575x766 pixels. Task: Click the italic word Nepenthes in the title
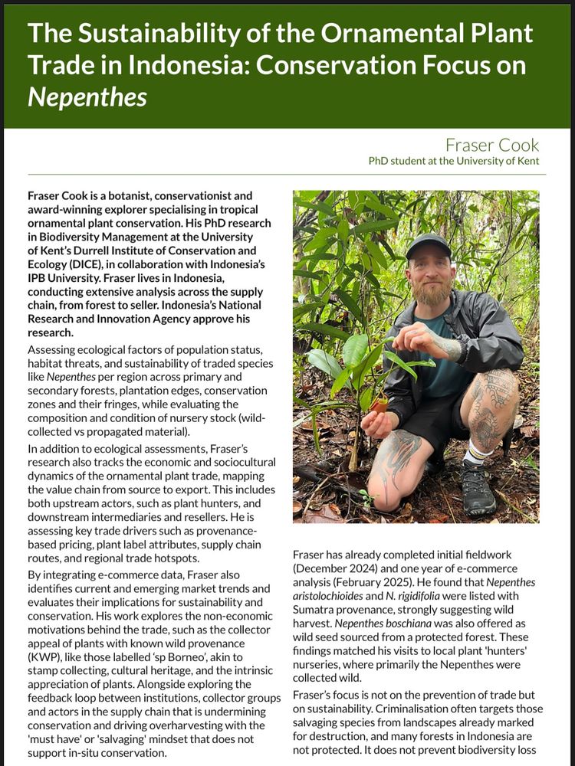pos(87,98)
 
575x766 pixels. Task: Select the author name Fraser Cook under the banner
pos(492,145)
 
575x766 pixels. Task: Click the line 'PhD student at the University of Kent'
pos(453,161)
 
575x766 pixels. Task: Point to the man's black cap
pos(428,247)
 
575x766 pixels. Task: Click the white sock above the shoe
pos(474,453)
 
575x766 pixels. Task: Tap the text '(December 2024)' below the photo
pos(331,568)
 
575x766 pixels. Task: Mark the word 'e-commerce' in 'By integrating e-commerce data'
pos(118,574)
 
